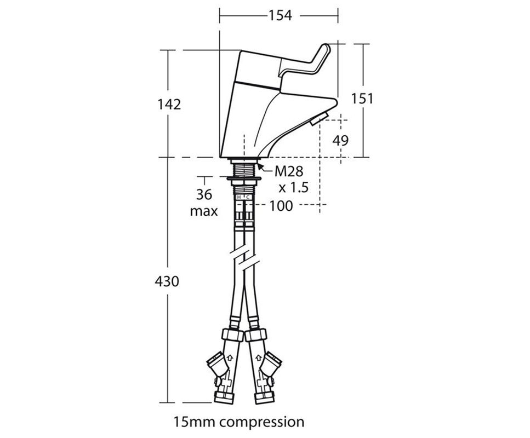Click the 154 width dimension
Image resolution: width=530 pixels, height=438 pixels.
[x=280, y=15]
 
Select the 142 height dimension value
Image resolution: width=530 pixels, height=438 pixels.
[x=169, y=104]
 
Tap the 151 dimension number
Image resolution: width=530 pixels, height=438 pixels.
[x=362, y=99]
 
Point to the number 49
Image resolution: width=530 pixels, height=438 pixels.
[x=340, y=140]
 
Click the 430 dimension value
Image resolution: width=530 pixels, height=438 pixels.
[x=168, y=281]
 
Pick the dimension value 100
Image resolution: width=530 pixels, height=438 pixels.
[x=281, y=206]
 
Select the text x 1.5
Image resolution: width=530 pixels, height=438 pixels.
[x=293, y=187]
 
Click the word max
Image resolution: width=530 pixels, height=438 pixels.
[x=204, y=211]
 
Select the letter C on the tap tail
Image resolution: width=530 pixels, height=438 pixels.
[x=247, y=197]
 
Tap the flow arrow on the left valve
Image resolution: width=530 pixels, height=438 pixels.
[x=229, y=359]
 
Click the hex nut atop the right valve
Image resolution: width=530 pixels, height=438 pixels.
[x=257, y=335]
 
